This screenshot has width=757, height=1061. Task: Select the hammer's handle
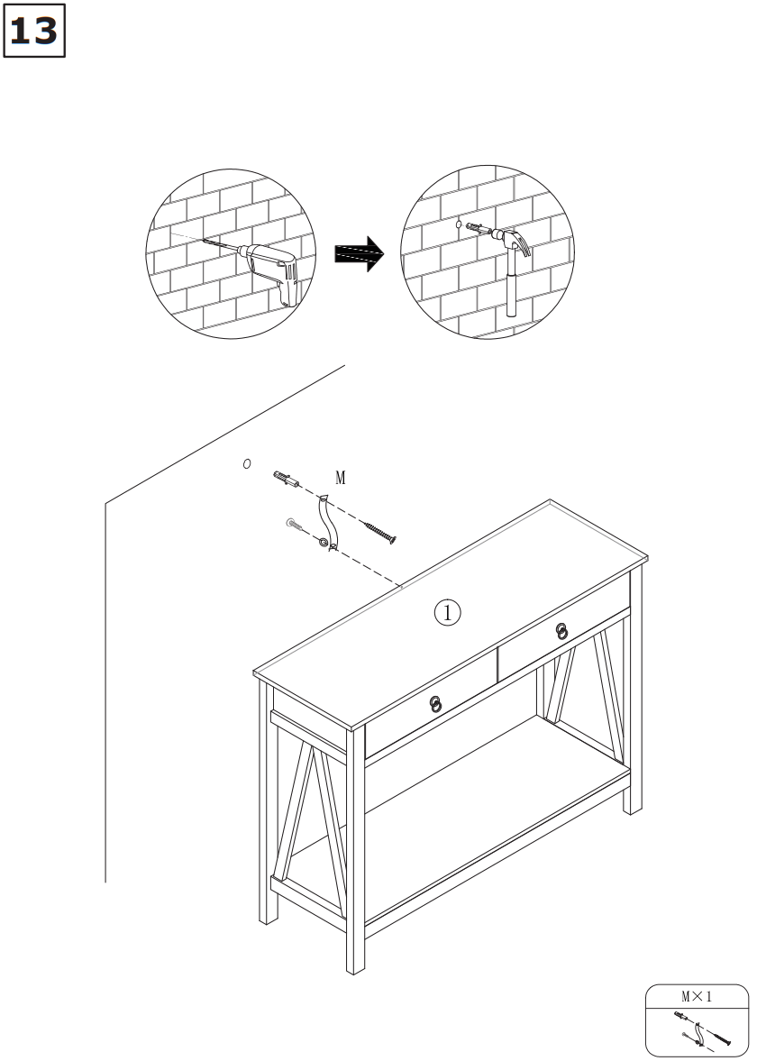pos(512,284)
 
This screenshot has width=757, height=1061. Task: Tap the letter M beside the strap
pos(341,478)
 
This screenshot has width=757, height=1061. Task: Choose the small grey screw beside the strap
pos(296,524)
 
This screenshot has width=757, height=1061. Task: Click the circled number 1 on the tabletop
pos(448,612)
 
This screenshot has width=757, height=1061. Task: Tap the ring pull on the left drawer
pos(435,704)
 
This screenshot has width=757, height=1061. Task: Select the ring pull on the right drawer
pos(561,632)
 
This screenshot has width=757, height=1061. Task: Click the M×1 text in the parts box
pos(696,996)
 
